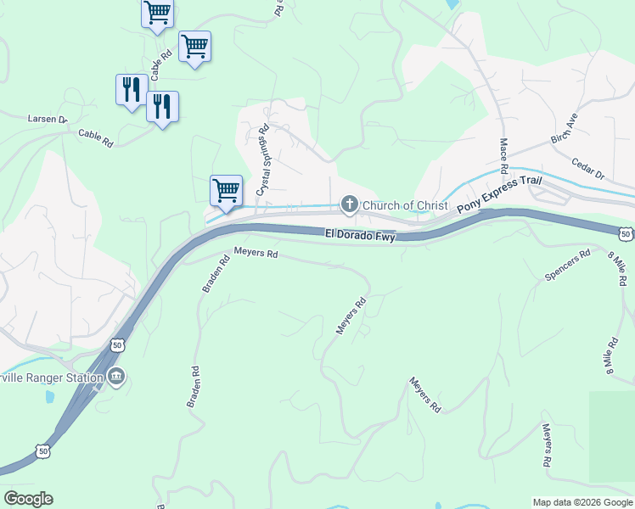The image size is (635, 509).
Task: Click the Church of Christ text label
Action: pos(404,204)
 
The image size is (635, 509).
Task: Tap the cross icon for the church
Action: pos(348,204)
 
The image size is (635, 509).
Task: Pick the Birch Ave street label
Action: pos(563,127)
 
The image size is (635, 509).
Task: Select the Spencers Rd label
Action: pos(567,266)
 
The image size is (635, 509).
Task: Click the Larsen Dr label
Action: pos(48,120)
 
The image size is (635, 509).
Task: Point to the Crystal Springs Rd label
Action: pos(263,161)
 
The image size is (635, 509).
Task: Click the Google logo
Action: pos(28,499)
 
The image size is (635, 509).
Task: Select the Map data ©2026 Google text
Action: pos(582,502)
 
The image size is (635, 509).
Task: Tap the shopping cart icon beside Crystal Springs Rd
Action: pos(226,189)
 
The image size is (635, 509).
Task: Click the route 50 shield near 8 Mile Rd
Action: pos(625,233)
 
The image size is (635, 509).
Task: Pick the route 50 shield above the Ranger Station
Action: pos(118,344)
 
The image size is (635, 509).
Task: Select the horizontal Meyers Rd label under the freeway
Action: pos(256,253)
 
